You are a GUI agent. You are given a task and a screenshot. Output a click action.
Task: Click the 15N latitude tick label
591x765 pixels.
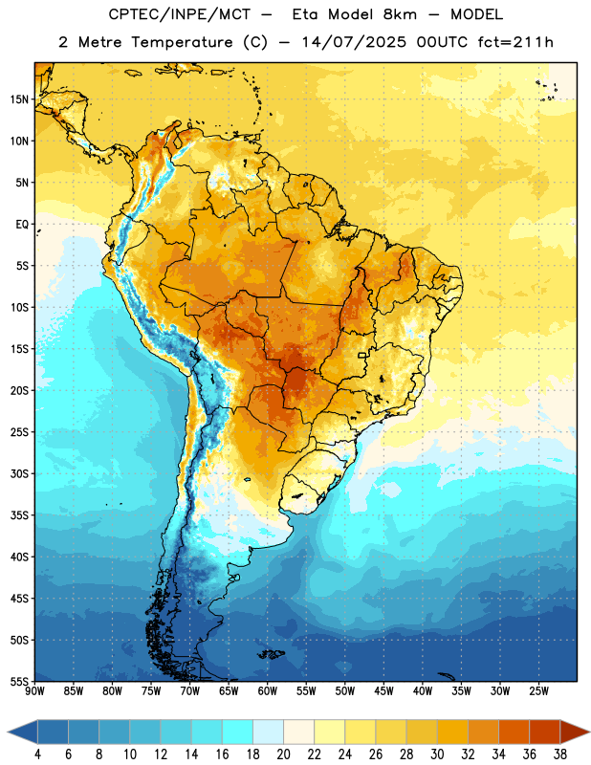tap(19, 99)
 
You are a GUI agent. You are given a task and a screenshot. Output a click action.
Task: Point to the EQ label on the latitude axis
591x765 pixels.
tap(22, 225)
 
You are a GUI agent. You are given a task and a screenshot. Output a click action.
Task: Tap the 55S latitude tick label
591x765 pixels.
tap(19, 681)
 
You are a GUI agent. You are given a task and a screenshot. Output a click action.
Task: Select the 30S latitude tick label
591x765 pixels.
tap(19, 473)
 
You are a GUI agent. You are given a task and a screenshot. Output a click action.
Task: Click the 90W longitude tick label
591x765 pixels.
tap(34, 691)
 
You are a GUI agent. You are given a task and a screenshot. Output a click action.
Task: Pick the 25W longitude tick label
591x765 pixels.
tap(538, 691)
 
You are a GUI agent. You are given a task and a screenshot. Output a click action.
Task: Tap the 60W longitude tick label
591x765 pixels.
tap(268, 691)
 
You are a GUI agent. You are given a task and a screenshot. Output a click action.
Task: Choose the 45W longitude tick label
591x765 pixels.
tap(384, 691)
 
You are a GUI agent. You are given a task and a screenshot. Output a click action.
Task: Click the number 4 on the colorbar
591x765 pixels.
tap(37, 754)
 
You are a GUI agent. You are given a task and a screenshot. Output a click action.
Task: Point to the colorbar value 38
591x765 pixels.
tap(560, 754)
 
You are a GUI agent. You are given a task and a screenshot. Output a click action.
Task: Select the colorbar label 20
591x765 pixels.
tap(283, 754)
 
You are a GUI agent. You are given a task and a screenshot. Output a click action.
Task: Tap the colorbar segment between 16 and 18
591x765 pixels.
tap(238, 732)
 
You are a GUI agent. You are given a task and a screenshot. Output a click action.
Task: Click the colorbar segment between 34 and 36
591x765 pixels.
tap(514, 732)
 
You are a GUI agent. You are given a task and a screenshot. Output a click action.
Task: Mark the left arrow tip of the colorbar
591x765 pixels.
tap(8, 732)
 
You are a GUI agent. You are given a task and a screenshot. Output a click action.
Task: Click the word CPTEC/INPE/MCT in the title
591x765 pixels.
tap(179, 14)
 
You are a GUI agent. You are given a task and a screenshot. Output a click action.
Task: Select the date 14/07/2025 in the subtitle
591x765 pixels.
tap(354, 42)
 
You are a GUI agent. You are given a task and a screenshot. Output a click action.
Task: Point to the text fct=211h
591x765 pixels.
tap(515, 42)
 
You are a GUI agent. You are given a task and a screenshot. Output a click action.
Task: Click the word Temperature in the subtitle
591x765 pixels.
tap(182, 43)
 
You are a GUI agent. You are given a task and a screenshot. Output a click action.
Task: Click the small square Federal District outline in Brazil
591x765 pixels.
tap(362, 355)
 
